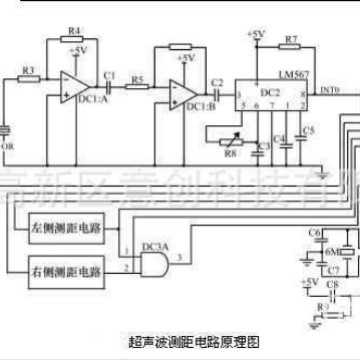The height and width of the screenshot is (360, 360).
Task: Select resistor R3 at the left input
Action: tap(29, 79)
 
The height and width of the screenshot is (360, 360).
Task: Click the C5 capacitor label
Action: tap(308, 131)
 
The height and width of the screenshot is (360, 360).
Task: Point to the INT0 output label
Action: tap(331, 91)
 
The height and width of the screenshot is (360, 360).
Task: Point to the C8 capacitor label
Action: tap(333, 285)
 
